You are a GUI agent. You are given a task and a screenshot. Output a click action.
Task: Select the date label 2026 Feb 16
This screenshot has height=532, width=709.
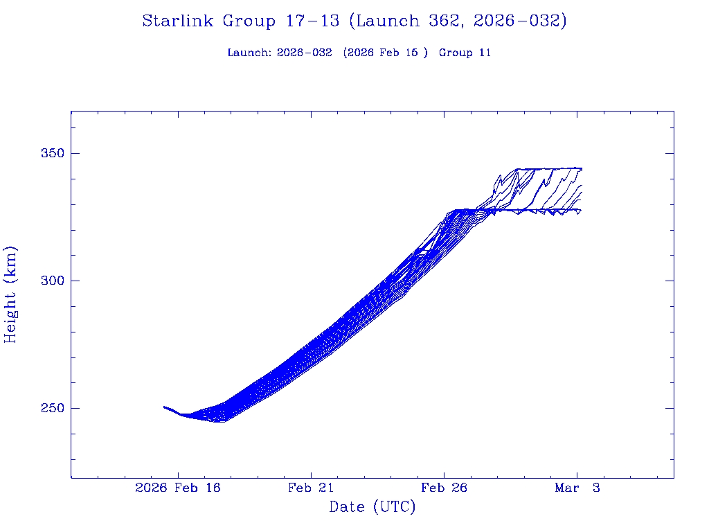(178, 488)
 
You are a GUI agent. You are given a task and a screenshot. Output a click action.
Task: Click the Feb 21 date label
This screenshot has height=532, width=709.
(311, 488)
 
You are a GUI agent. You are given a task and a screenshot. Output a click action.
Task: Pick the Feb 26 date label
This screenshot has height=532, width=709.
(444, 488)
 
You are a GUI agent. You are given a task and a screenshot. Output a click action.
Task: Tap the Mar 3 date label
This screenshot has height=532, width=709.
(576, 488)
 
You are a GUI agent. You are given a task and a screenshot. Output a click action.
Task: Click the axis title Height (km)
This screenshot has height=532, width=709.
(11, 294)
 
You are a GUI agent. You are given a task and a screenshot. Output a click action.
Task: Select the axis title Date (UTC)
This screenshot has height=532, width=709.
(373, 508)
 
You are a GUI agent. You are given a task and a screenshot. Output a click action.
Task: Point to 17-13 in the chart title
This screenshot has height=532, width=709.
(312, 21)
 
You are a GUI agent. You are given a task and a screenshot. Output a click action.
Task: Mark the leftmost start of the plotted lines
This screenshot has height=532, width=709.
(164, 407)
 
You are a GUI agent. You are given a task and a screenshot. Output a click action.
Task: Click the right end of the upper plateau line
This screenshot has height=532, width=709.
(582, 168)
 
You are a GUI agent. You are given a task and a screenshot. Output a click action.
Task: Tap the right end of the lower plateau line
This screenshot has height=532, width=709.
(580, 209)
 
